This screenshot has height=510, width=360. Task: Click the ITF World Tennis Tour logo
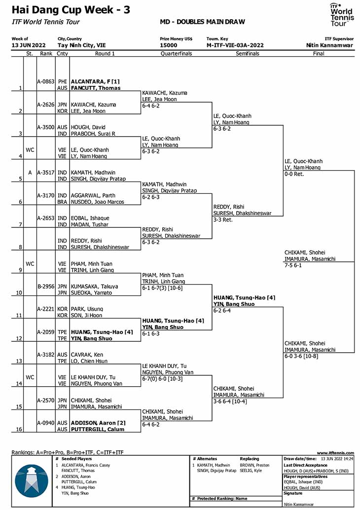pos(342,15)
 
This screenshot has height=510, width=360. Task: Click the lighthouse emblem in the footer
pos(32,481)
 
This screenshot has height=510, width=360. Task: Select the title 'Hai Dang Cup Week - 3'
pos(71,10)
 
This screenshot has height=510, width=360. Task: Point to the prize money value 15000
pos(169,45)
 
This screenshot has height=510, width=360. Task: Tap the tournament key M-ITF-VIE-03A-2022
pos(235,45)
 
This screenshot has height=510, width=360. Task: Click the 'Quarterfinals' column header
pos(176,54)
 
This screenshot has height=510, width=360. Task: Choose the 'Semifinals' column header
pos(248,54)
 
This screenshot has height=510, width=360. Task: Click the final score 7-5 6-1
pos(293,265)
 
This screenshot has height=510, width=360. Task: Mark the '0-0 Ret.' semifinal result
pos(294,174)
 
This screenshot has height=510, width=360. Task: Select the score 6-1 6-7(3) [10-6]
pos(162,288)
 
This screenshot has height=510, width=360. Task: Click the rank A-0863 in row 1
pos(45,82)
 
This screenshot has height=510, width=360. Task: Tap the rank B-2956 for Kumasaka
pos(46,287)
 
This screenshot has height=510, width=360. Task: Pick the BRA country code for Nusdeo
pos(62,202)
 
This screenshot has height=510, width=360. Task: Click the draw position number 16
pos(19,429)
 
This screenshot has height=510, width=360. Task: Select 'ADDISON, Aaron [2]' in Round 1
pos(98,423)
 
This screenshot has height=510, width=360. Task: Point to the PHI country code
pos(63,82)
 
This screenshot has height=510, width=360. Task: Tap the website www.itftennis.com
pos(335,453)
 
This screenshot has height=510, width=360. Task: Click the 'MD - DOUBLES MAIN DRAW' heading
pos(202,22)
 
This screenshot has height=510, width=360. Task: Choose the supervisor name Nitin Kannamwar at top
pos(329,45)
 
